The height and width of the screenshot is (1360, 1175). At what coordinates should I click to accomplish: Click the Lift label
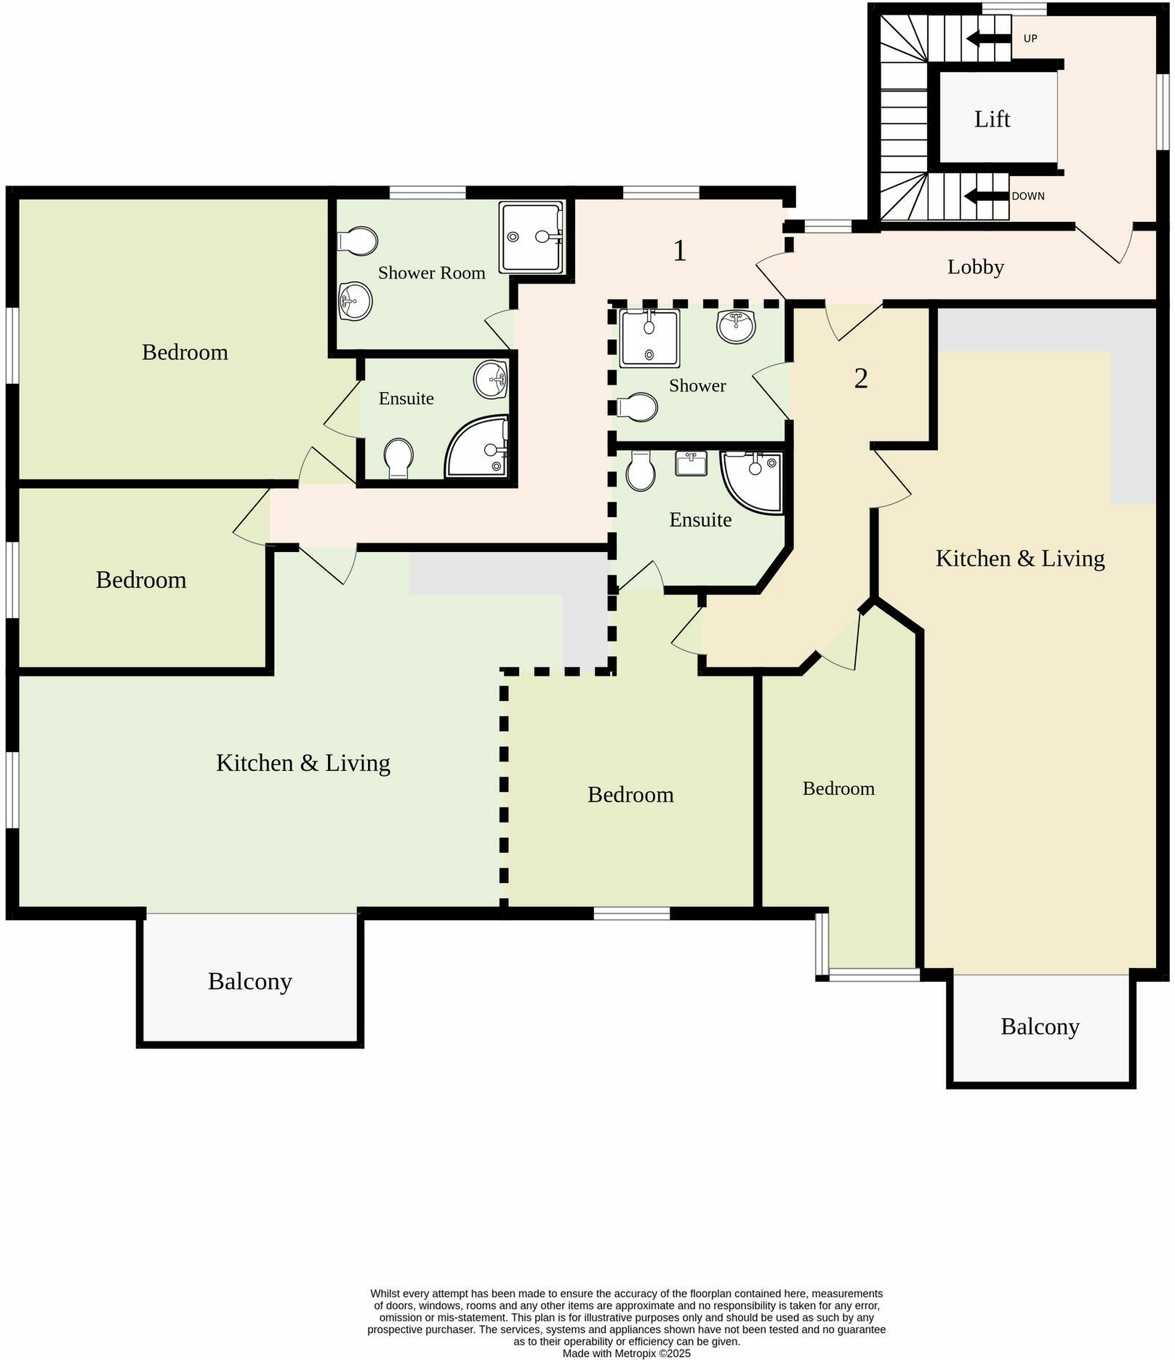(x=992, y=119)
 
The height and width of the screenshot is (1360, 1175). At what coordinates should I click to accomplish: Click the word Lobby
(x=975, y=267)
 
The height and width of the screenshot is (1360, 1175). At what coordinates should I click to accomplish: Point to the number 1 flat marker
(x=679, y=251)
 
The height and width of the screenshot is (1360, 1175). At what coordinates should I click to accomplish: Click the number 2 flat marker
(x=861, y=378)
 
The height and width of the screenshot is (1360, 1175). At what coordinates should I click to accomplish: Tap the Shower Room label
(x=431, y=273)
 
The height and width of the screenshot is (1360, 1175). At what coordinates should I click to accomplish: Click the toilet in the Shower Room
(x=357, y=241)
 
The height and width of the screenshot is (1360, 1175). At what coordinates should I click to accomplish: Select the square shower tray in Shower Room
(x=531, y=237)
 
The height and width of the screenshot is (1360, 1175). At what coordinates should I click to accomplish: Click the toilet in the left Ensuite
(x=398, y=457)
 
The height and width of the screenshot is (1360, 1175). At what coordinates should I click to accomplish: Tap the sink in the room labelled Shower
(x=736, y=326)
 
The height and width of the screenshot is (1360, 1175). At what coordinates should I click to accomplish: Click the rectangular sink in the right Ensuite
(x=691, y=463)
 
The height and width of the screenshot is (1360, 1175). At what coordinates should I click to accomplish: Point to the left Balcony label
(x=249, y=981)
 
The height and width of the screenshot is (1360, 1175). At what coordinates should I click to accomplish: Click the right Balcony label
(x=1040, y=1026)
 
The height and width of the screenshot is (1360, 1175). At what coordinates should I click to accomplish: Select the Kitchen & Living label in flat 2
(x=1019, y=558)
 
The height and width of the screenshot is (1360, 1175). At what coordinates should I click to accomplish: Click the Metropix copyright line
(x=626, y=1353)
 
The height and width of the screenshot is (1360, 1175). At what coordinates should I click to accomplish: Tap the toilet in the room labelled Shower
(x=638, y=407)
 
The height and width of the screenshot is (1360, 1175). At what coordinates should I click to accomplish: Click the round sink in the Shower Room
(x=356, y=300)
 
